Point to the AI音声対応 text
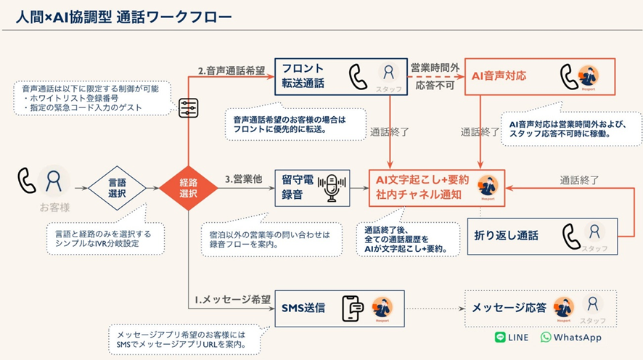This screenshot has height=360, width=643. [499, 75]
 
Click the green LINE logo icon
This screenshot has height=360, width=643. [500, 337]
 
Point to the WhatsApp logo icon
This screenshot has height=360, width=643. [546, 337]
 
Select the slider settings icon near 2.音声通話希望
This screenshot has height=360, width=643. [187, 107]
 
